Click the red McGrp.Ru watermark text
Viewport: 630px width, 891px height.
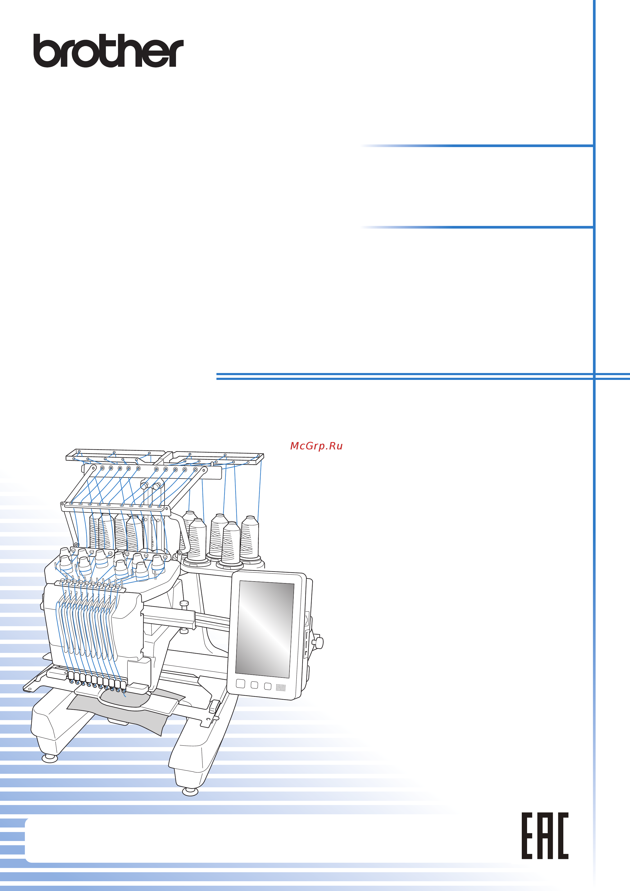316,446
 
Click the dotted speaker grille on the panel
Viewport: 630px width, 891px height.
281,688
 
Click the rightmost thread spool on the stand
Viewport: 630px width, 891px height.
250,539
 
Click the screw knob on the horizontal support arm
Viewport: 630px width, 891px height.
184,604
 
